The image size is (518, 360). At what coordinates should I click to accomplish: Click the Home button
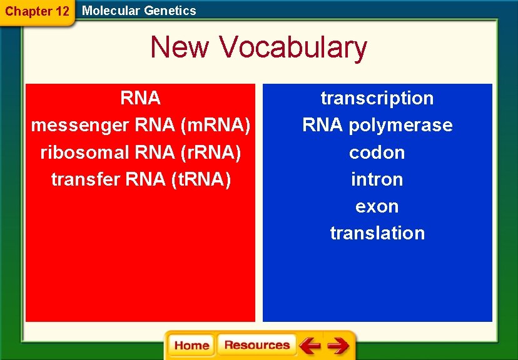[191, 345]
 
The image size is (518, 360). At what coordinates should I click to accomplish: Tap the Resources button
[256, 345]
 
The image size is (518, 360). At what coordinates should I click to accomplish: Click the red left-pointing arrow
[310, 345]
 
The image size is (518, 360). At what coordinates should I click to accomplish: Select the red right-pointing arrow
[338, 345]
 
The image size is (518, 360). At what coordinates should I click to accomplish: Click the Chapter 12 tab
[37, 11]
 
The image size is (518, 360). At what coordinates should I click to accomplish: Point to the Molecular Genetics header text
[139, 11]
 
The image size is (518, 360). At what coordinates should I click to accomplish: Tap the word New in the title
[181, 47]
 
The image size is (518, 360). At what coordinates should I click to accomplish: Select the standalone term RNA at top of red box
[141, 98]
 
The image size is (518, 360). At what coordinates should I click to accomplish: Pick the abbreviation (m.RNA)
[215, 126]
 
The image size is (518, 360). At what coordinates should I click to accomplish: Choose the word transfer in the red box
[85, 179]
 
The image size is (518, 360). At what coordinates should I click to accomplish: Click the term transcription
[377, 98]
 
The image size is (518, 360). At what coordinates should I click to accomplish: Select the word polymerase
[400, 126]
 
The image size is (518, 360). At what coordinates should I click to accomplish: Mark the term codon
[377, 152]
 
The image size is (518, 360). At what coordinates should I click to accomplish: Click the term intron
[377, 179]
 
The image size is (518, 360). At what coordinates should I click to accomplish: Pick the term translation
[377, 233]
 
